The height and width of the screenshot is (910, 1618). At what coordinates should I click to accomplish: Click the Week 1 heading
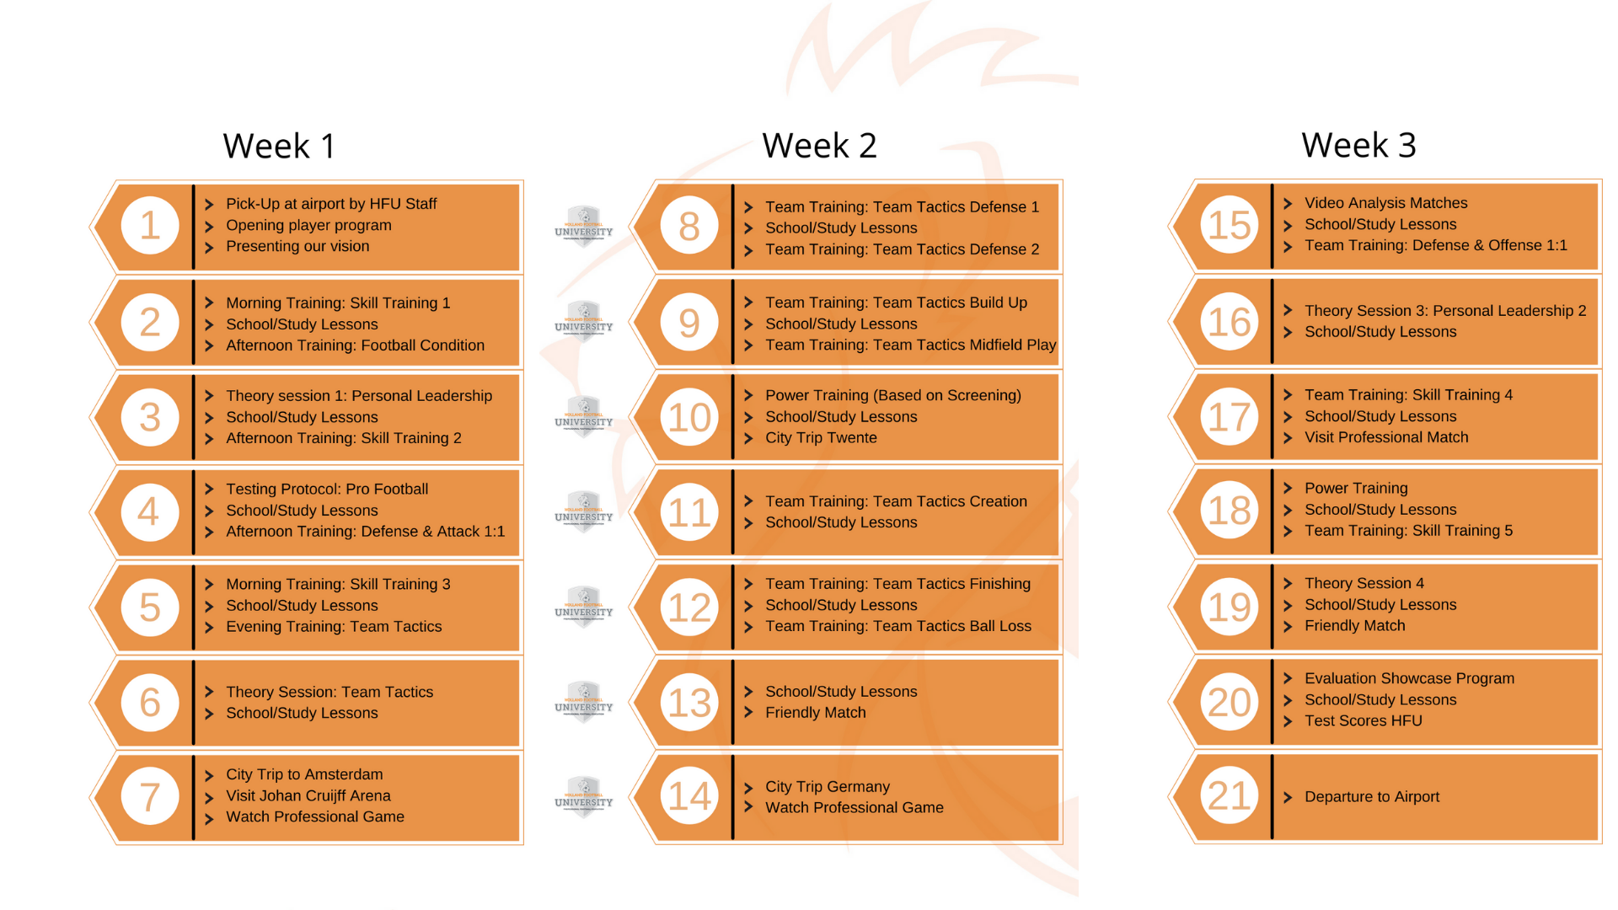[x=279, y=146]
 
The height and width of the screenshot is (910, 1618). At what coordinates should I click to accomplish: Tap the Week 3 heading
[x=1358, y=145]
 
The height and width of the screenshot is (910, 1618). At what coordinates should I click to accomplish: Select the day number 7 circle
[x=150, y=796]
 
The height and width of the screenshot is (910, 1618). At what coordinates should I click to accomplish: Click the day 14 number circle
[x=689, y=796]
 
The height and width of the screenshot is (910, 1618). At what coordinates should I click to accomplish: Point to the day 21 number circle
[x=1229, y=795]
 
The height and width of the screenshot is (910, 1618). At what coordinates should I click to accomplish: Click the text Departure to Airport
[x=1371, y=797]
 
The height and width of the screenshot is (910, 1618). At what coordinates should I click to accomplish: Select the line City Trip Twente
[x=820, y=438]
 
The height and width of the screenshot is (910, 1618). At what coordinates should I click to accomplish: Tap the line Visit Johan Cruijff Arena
[x=308, y=795]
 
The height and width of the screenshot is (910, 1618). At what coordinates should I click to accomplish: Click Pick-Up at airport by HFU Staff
[x=330, y=204]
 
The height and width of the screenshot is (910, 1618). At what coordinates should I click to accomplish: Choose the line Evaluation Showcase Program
[x=1409, y=678]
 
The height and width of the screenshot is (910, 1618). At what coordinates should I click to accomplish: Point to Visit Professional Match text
[x=1385, y=437]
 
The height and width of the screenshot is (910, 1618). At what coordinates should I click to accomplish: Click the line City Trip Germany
[x=827, y=786]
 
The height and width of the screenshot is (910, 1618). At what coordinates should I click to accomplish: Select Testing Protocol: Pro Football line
[x=326, y=490]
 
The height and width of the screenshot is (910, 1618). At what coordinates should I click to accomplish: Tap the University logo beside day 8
[x=583, y=226]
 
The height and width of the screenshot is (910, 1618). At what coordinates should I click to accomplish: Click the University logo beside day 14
[x=583, y=796]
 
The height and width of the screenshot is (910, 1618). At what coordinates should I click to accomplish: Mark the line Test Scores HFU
[x=1363, y=721]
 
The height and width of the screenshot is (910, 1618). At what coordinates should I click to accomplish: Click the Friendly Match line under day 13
[x=815, y=713]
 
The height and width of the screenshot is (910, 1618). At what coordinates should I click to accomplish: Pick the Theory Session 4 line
[x=1364, y=583]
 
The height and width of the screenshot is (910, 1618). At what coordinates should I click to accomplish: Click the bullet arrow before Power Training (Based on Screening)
[x=748, y=396]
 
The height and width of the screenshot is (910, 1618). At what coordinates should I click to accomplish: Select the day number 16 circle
[x=1229, y=322]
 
